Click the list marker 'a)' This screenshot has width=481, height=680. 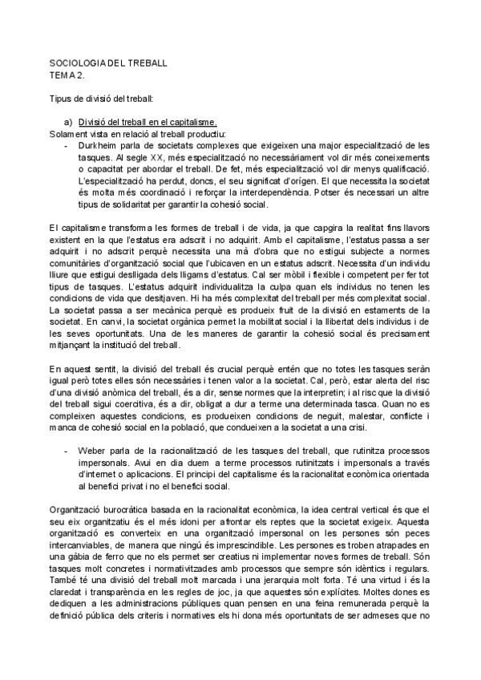point(70,122)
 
